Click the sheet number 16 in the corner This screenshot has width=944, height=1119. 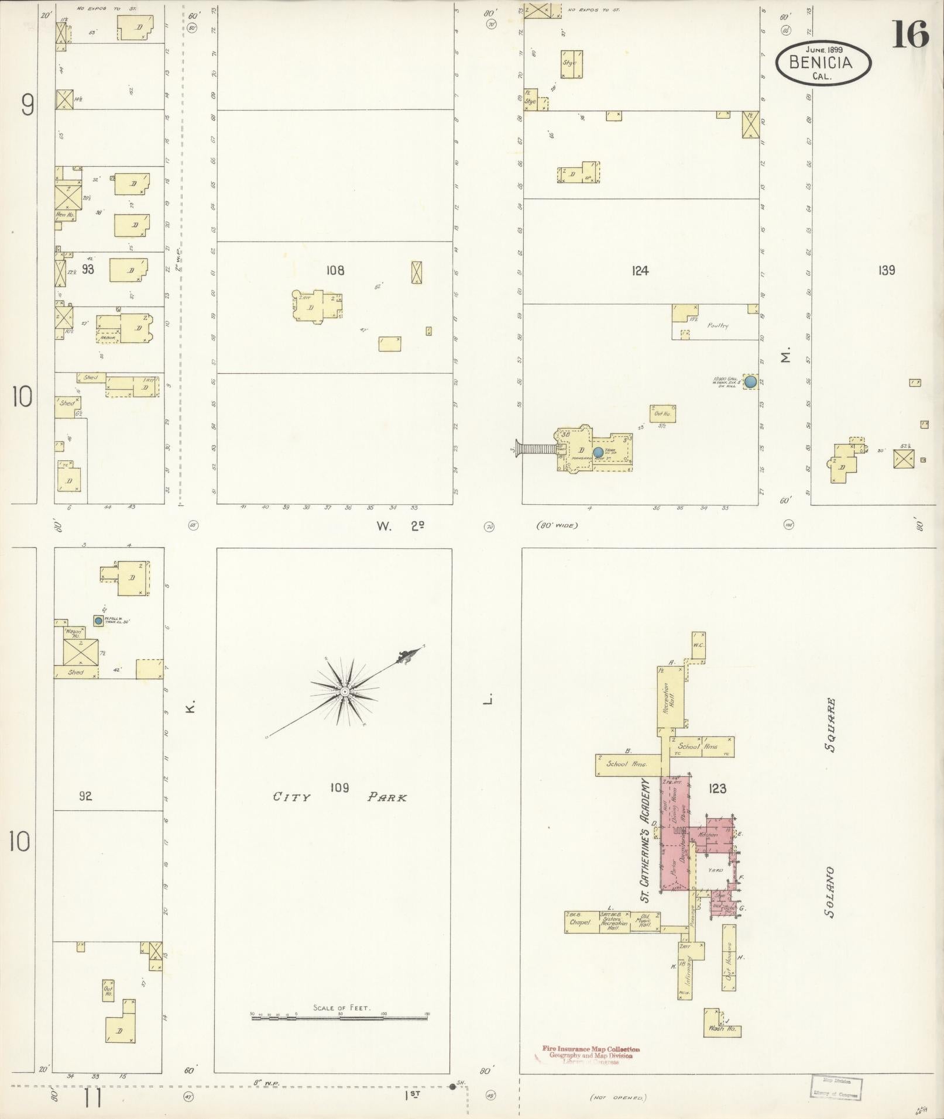coord(911,35)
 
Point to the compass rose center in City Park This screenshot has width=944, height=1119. coord(345,691)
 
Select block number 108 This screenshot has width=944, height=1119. coord(335,270)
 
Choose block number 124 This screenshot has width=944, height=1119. coord(640,270)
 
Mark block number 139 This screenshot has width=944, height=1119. coord(887,270)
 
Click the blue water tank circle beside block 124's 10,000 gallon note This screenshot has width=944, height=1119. coord(750,382)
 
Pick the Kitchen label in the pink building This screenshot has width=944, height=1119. coord(708,835)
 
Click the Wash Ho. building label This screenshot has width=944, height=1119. coord(723,1028)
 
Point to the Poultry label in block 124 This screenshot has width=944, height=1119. coord(717,325)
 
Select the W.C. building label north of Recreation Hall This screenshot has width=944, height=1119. coord(698,645)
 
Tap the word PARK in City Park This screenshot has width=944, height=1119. coord(387,797)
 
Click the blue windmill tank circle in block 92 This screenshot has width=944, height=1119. coord(98,619)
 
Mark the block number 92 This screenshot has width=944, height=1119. coord(85,796)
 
